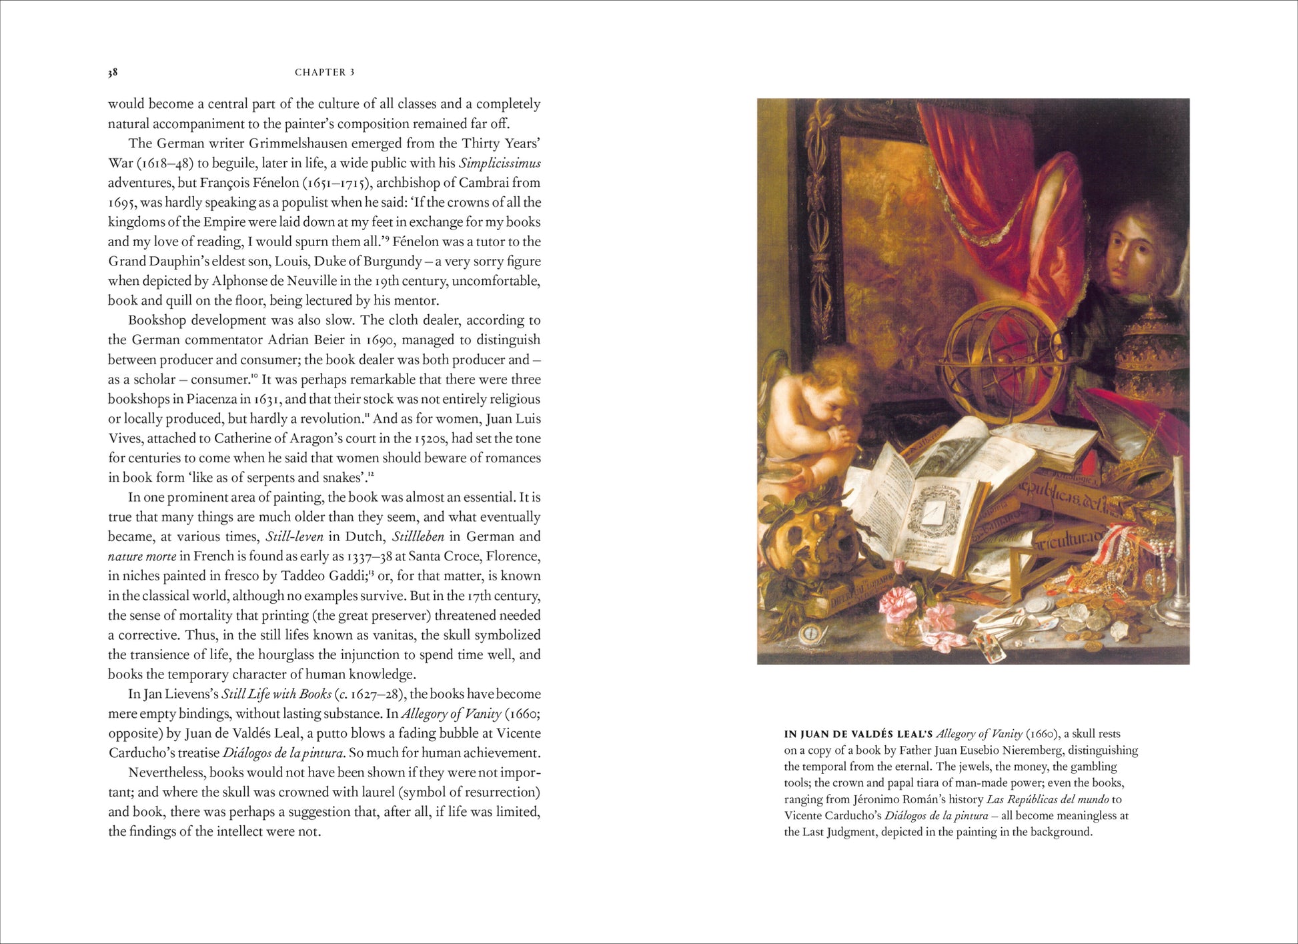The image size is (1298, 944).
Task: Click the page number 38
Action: click(113, 72)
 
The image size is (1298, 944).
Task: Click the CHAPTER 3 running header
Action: click(324, 72)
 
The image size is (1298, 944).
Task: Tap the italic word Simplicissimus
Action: click(500, 163)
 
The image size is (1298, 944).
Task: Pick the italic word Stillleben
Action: click(418, 537)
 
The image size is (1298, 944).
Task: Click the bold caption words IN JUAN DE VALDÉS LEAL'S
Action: click(858, 735)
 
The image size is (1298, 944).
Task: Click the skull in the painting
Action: click(811, 533)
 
